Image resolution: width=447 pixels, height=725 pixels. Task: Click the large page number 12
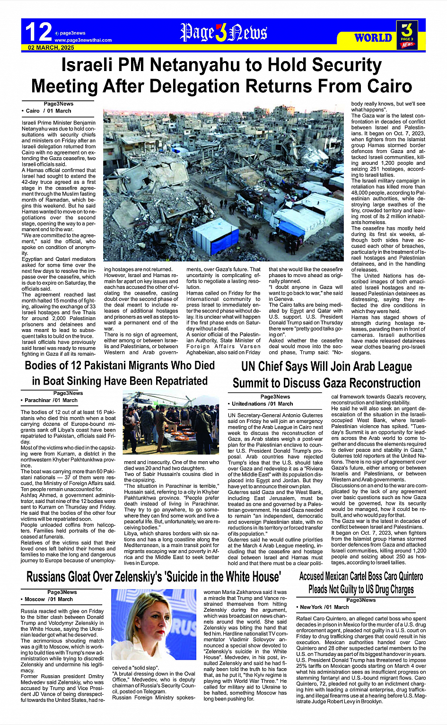tap(38, 32)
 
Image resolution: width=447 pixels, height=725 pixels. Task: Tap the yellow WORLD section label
tap(373, 38)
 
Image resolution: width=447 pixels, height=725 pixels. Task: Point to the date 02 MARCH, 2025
tap(51, 48)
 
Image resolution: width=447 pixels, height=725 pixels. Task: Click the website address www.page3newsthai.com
tap(83, 40)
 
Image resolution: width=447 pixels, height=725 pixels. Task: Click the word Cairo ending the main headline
tap(381, 86)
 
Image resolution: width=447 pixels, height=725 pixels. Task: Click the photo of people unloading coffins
tap(170, 423)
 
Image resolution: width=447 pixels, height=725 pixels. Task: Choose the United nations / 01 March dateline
tap(262, 404)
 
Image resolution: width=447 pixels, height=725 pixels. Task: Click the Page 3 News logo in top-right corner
tap(407, 35)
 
